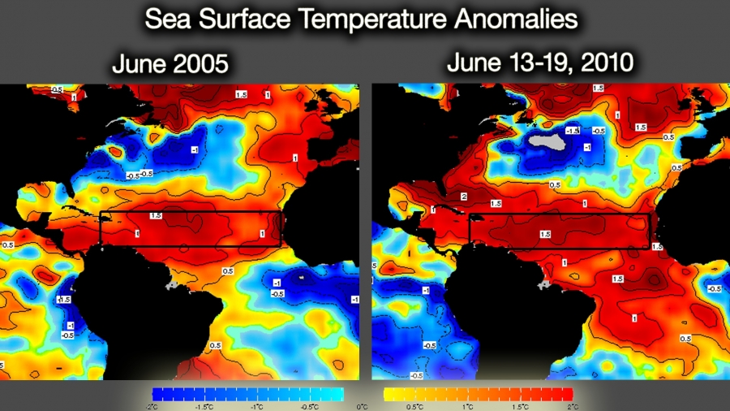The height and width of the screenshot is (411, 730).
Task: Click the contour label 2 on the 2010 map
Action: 463,197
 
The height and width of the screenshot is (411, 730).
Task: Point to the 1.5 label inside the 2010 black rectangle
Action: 546,233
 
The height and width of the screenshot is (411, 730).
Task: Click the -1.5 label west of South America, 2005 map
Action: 62,299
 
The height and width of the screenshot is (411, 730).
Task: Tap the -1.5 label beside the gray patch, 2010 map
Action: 571,131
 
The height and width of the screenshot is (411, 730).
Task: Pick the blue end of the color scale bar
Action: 156,394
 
